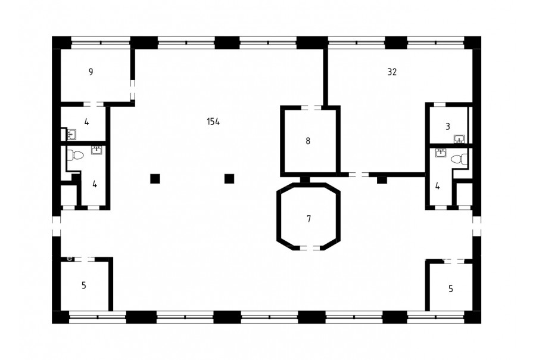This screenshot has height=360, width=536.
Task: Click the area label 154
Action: tap(213, 122)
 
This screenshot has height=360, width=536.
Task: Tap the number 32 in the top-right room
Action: tap(392, 72)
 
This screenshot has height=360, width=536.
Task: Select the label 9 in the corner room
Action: tap(91, 72)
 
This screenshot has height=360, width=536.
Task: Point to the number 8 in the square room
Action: tap(308, 141)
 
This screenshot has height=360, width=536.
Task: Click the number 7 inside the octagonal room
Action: tap(309, 219)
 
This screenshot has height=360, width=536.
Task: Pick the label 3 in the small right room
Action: tap(448, 126)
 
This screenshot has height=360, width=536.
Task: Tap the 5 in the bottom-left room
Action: tap(84, 285)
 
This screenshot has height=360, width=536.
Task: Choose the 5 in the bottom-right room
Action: tap(451, 289)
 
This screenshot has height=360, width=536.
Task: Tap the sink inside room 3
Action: tap(459, 139)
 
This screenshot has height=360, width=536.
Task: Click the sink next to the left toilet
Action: tap(96, 150)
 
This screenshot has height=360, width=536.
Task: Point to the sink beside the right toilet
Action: tap(441, 153)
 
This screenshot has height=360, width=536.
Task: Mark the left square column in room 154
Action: tap(155, 179)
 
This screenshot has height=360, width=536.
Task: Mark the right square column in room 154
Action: tap(229, 179)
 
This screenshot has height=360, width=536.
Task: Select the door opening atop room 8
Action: tap(311, 108)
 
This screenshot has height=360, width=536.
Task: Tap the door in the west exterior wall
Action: tap(57, 226)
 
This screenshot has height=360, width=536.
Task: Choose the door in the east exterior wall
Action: tap(476, 226)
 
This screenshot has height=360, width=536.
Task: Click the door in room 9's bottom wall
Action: tap(94, 104)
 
